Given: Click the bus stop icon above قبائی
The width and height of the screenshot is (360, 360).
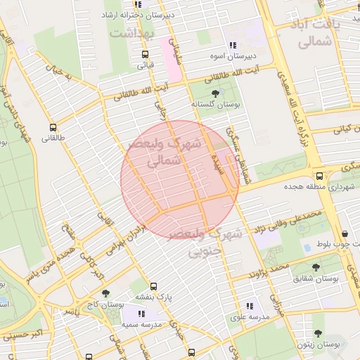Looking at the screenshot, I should pos(145,54).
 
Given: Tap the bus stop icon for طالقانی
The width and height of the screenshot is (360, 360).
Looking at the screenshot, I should pos(53,128).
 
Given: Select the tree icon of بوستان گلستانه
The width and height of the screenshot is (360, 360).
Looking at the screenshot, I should pos(215,92).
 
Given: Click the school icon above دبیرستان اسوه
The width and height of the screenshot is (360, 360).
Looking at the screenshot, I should pos(233,45).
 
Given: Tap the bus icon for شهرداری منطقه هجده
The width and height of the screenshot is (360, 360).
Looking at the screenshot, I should pos(319,176).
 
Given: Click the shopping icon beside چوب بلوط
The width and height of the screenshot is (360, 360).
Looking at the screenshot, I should pos(345,234).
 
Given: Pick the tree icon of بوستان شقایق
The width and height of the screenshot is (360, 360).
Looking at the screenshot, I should pos(316,267).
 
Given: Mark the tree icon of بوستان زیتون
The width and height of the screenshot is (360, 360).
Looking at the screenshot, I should pos(318,334).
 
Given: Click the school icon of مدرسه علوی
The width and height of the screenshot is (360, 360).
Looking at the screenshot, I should pos(250,306).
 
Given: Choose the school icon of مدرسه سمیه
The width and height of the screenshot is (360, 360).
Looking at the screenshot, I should pos(141,314).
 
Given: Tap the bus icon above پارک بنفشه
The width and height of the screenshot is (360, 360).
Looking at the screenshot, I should pos(153,286).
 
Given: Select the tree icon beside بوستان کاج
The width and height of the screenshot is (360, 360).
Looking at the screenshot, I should pos(106,294).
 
